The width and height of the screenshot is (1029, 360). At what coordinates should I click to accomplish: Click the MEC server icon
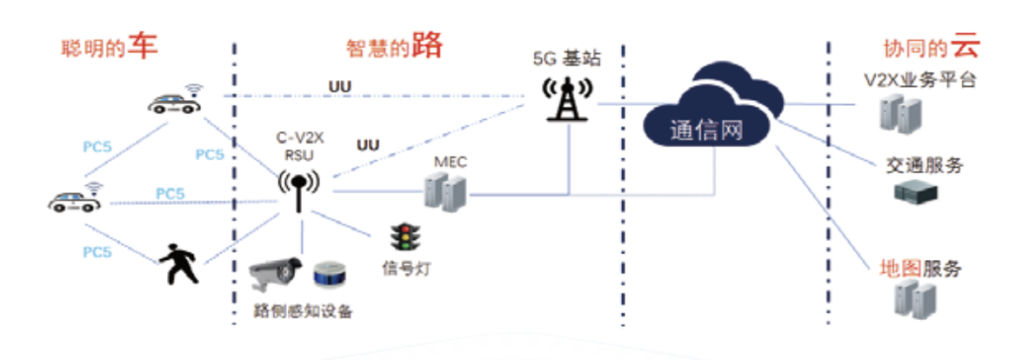coord(448,193)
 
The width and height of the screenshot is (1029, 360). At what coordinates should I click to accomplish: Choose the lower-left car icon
coord(73,200)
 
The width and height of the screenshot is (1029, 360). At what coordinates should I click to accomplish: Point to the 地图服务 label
coord(918,268)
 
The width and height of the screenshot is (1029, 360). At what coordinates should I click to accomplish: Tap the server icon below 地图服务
coord(905,301)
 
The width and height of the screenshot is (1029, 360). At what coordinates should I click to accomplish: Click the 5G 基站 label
coord(568,56)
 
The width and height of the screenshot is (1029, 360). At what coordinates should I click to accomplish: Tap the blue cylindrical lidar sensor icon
coord(329,273)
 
